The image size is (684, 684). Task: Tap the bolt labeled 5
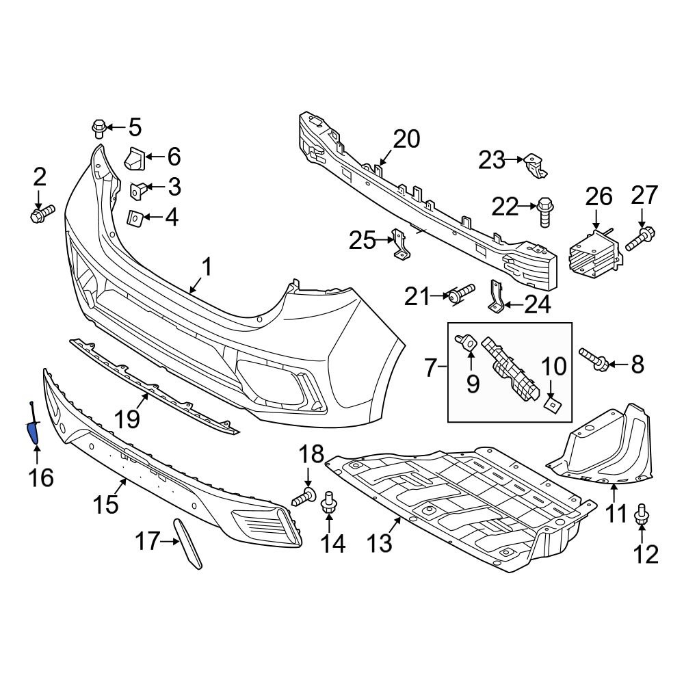point(98,128)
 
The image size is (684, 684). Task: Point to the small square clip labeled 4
point(135,218)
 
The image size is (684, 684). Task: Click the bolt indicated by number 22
point(545,209)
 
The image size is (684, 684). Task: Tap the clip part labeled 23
point(534,164)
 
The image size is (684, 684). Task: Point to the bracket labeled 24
point(495,296)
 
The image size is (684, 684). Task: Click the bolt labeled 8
point(595,360)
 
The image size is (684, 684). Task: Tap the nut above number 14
point(328,503)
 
